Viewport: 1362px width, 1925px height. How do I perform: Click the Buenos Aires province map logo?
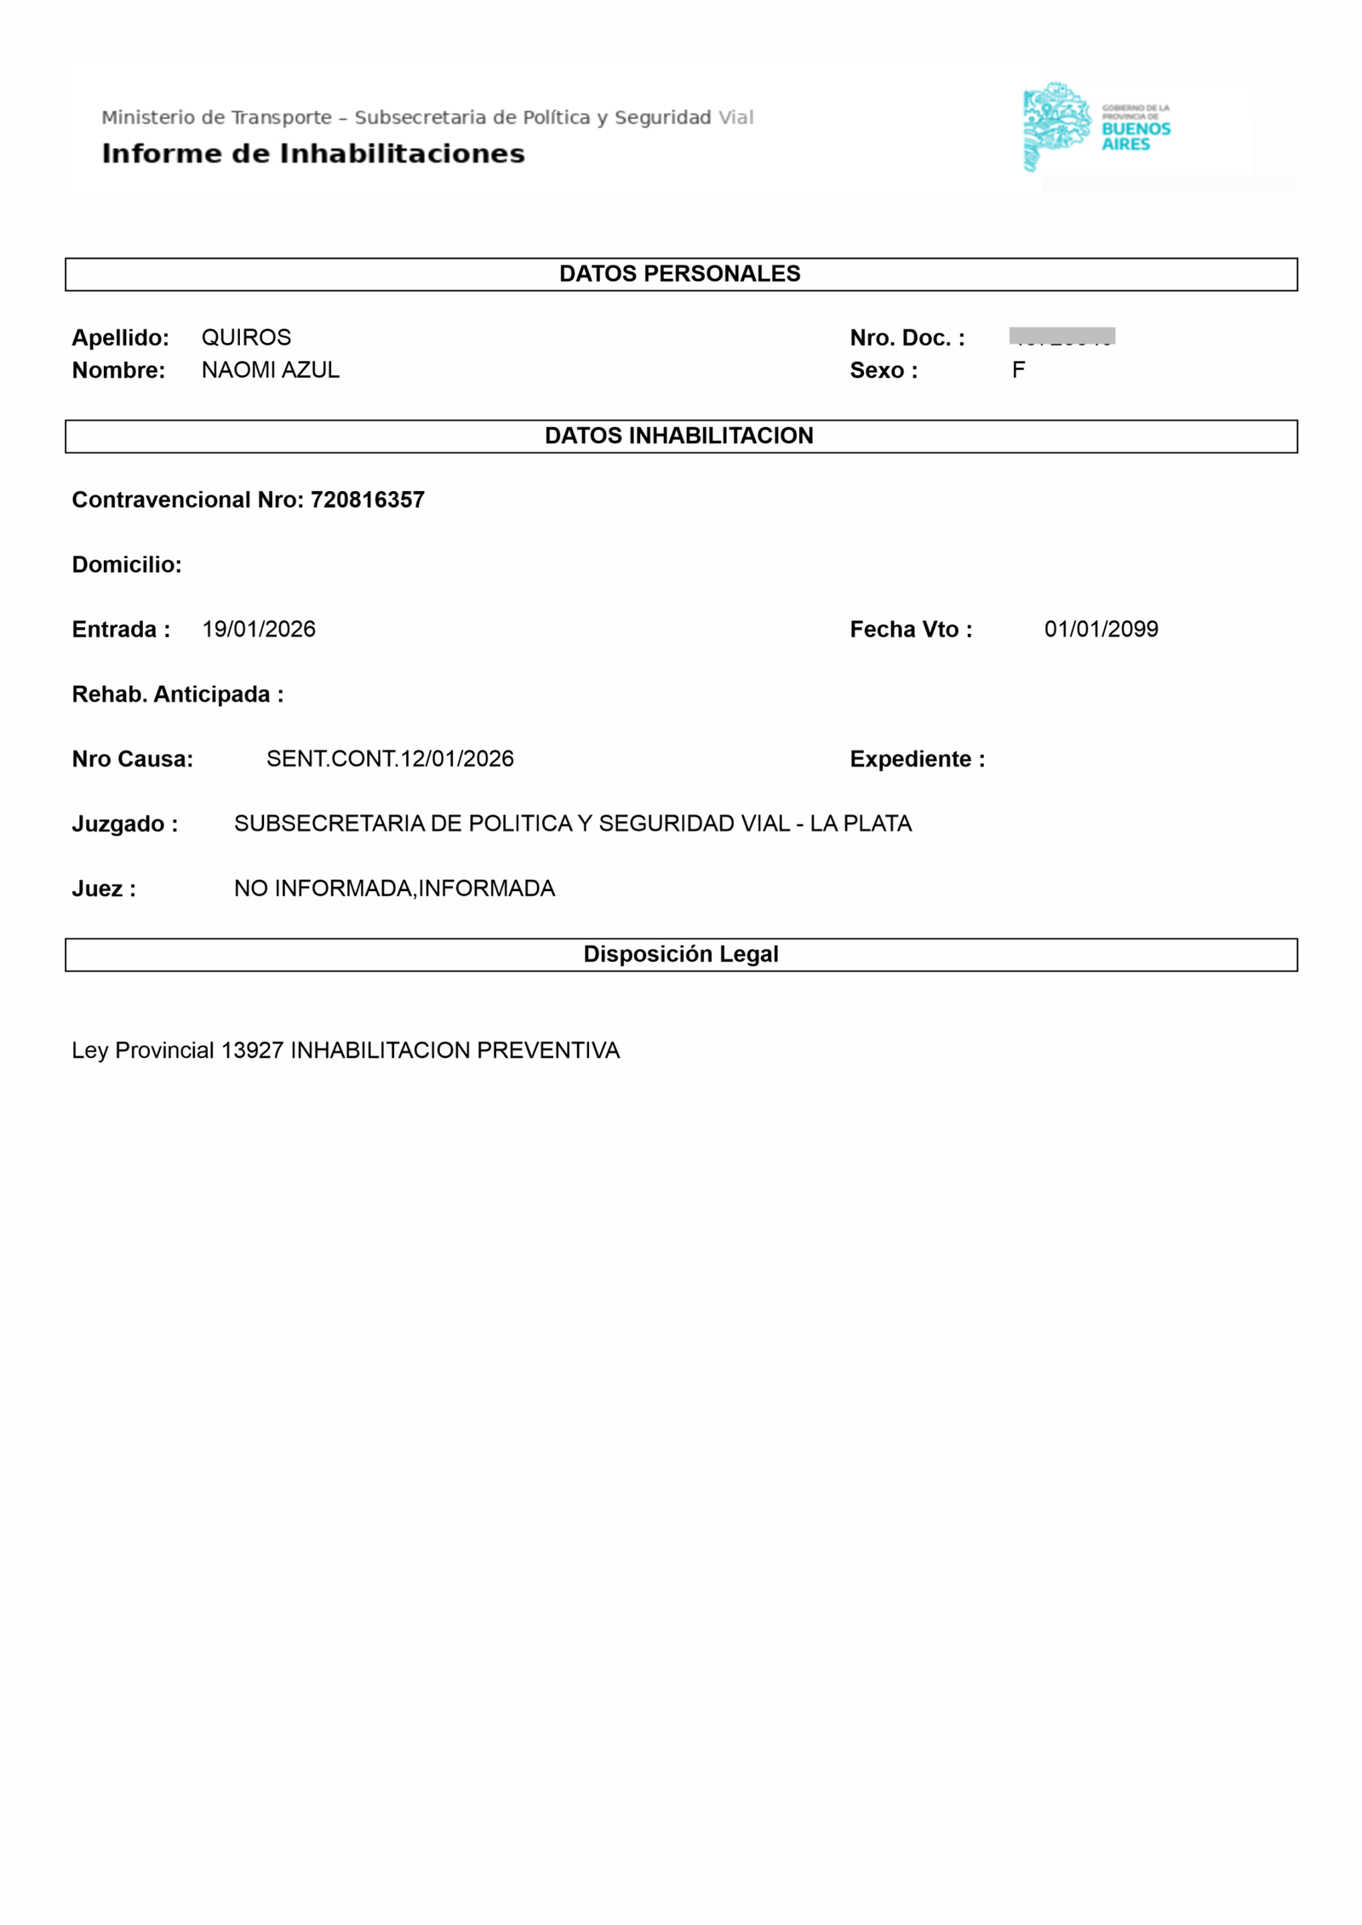[1056, 126]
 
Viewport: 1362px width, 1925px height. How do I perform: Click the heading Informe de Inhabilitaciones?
[312, 153]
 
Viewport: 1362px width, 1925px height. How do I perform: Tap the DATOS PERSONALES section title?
[679, 273]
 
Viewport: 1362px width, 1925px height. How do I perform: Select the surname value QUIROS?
[246, 337]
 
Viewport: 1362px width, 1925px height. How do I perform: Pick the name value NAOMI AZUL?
[270, 369]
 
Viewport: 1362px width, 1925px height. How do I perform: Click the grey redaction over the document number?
[1062, 335]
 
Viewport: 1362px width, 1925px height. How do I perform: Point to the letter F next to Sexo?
[1018, 369]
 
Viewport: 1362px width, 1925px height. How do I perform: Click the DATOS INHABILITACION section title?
[679, 435]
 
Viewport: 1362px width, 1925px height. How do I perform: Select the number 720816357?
[367, 500]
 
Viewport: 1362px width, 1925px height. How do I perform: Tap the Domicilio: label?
[127, 564]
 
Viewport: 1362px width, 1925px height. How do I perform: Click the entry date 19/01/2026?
[259, 629]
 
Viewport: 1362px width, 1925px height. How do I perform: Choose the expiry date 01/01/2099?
[1101, 629]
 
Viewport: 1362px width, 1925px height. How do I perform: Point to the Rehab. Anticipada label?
[177, 694]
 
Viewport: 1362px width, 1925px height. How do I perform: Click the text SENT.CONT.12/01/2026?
[390, 758]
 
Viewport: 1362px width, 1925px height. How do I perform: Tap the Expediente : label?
[917, 758]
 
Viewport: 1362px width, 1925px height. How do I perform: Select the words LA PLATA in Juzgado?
[860, 823]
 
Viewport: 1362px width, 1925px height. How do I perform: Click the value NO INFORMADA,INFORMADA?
[394, 888]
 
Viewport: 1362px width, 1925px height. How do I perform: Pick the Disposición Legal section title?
[680, 953]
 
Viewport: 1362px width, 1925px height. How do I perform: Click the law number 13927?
[252, 1049]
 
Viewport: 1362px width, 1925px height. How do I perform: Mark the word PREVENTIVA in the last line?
[548, 1049]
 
